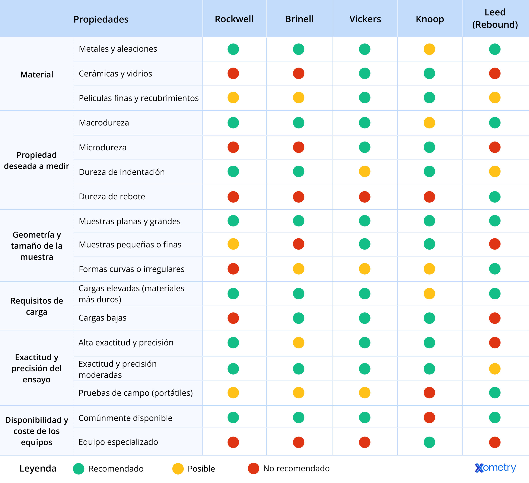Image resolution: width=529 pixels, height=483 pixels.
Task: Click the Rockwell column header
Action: pyautogui.click(x=234, y=19)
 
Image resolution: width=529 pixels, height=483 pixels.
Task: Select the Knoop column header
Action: pyautogui.click(x=430, y=19)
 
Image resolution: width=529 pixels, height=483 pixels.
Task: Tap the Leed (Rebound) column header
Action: pyautogui.click(x=495, y=18)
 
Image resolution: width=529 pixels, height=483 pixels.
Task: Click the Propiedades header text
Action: pyautogui.click(x=101, y=19)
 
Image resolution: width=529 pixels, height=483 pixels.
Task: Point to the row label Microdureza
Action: pyautogui.click(x=103, y=148)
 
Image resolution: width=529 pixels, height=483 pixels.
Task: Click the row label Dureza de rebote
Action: pyautogui.click(x=112, y=196)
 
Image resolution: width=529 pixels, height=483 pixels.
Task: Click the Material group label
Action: pyautogui.click(x=37, y=75)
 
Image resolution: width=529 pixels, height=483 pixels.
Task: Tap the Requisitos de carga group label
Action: pyautogui.click(x=37, y=306)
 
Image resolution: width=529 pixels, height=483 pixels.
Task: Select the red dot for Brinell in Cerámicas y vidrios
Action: pyautogui.click(x=299, y=74)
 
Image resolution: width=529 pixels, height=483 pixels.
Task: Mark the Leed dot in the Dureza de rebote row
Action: pyautogui.click(x=495, y=197)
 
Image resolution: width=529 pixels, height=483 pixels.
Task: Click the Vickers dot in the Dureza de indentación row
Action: pyautogui.click(x=365, y=172)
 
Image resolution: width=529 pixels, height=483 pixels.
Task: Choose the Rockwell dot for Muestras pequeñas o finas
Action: pyautogui.click(x=233, y=244)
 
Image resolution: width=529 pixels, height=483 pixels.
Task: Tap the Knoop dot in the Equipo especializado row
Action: pyautogui.click(x=429, y=442)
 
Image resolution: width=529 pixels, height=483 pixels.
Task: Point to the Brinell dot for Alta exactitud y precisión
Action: pyautogui.click(x=299, y=343)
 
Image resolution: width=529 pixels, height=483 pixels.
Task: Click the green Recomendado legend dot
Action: pyautogui.click(x=79, y=469)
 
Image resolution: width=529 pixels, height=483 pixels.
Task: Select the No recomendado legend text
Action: pyautogui.click(x=296, y=468)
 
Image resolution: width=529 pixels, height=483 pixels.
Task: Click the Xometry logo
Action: pyautogui.click(x=495, y=468)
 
